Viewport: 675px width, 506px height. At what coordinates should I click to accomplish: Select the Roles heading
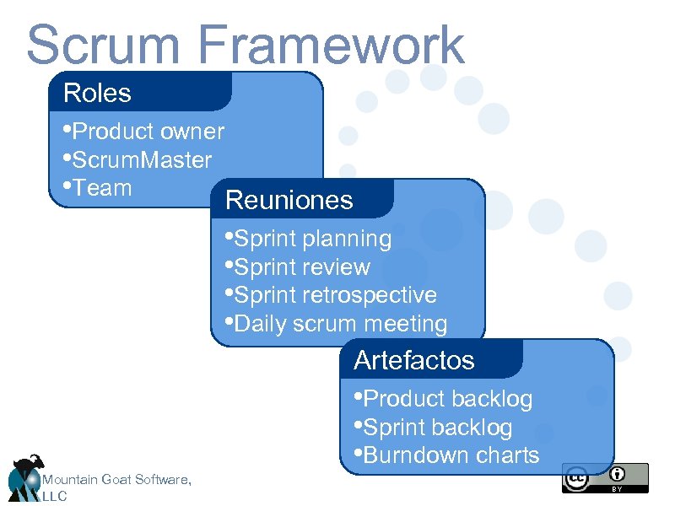point(97,93)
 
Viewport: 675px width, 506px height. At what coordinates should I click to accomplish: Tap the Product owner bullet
point(143,132)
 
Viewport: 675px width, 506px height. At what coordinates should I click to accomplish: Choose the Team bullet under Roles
point(98,188)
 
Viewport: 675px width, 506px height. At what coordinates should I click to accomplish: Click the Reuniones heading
point(289,201)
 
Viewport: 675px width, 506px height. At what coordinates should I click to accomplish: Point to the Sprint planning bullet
point(308,239)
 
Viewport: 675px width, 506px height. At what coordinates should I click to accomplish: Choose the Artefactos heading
point(414,360)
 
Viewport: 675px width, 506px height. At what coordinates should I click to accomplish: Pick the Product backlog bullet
point(443,398)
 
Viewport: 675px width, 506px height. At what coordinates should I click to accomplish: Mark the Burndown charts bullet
point(446,455)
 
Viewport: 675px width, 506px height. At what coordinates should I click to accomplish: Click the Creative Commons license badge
point(605,477)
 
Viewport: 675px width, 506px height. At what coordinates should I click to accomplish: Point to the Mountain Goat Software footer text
point(116,480)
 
